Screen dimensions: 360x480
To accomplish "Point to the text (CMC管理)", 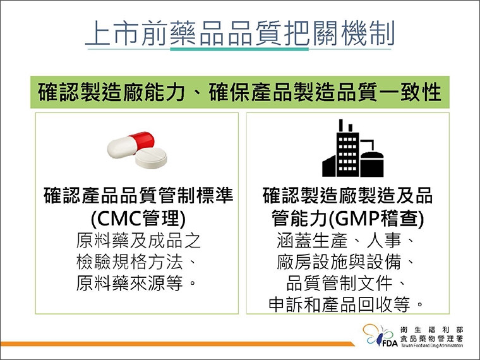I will click(138, 219).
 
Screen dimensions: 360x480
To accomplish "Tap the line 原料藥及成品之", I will click(138, 241).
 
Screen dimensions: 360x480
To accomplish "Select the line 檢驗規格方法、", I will click(138, 261).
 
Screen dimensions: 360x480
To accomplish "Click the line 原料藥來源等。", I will click(138, 282).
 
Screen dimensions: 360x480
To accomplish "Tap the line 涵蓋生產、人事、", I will click(347, 241).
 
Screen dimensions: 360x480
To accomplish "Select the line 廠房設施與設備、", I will click(347, 261).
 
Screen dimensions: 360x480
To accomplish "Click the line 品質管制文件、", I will click(347, 282).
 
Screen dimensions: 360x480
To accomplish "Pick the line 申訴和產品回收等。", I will click(347, 304).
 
